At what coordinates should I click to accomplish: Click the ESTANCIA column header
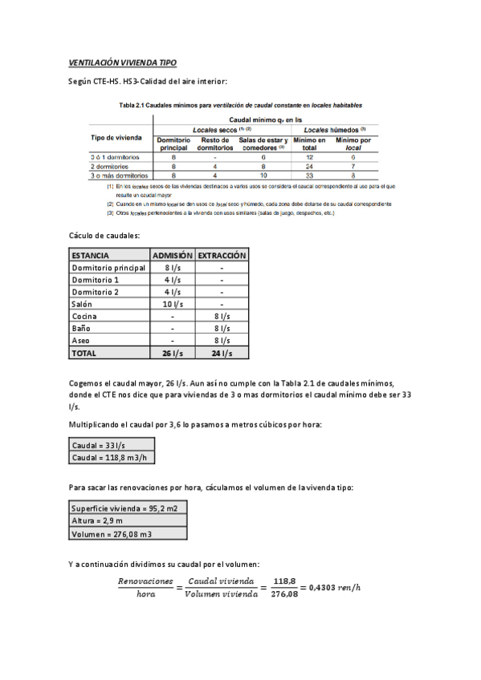90,255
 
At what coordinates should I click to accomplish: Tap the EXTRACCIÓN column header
222,255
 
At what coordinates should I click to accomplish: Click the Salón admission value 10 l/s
173,304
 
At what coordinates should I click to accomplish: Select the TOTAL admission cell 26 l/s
173,353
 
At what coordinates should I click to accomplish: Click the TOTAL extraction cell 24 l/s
222,353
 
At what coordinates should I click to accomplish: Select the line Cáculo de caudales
105,235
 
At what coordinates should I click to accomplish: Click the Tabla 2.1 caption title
240,105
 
